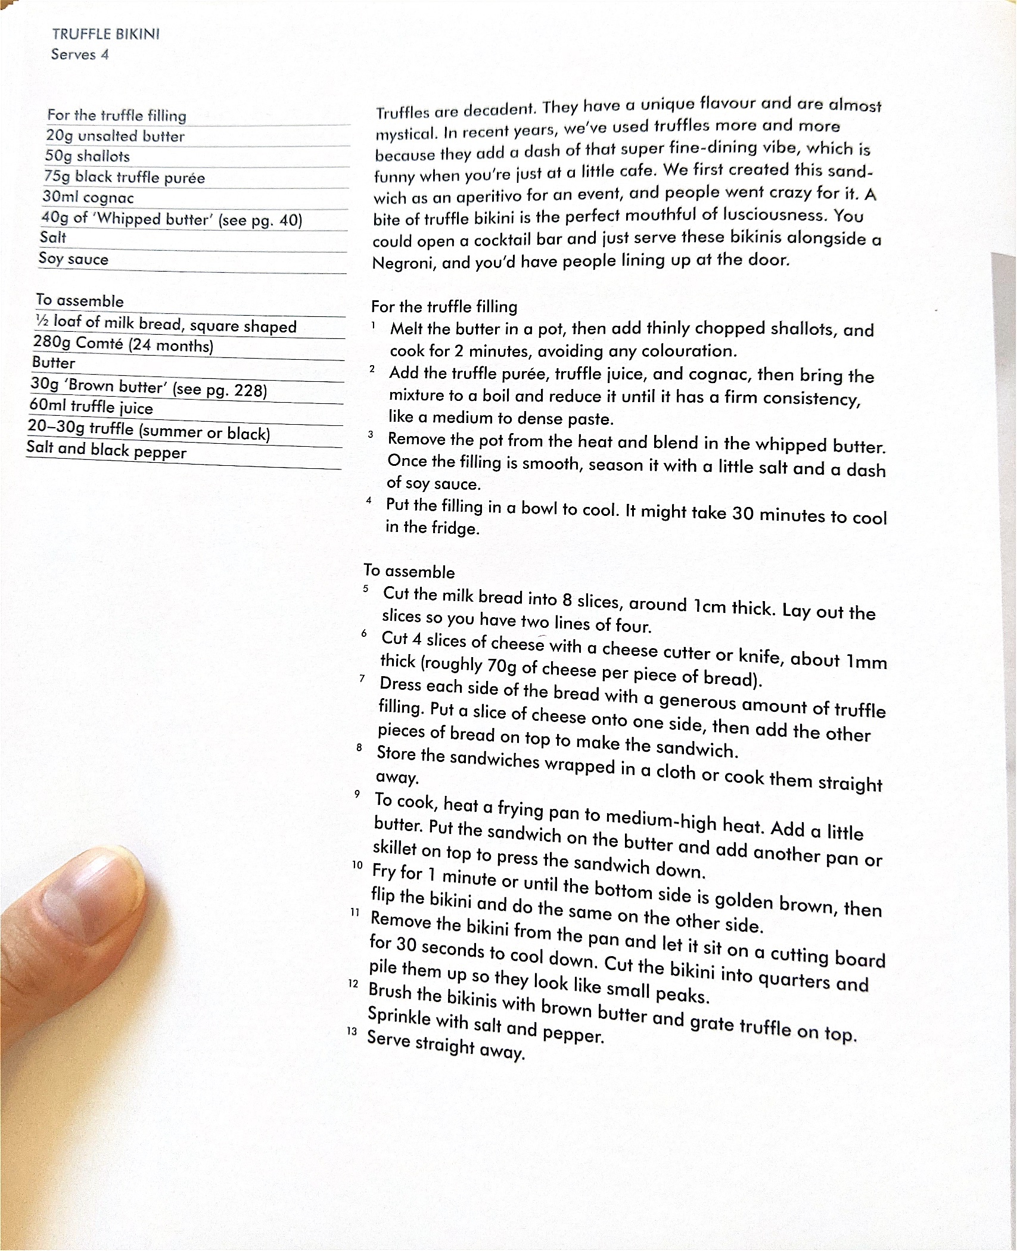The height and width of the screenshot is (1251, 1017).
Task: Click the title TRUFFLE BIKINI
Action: click(105, 34)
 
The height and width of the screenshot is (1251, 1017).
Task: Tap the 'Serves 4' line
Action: click(80, 54)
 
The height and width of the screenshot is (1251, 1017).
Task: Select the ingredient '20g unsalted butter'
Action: click(115, 136)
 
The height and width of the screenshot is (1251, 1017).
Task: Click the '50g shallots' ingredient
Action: click(87, 156)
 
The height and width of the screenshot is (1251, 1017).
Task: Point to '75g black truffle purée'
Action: click(124, 177)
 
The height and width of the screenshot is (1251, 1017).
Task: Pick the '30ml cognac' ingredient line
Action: click(88, 197)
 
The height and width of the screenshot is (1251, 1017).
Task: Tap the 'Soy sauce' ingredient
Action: click(73, 259)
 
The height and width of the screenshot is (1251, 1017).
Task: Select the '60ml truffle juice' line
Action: click(91, 407)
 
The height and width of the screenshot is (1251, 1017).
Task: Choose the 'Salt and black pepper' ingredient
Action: click(106, 450)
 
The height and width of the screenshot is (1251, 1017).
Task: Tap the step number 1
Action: click(373, 325)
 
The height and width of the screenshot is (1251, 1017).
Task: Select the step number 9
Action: click(357, 793)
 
